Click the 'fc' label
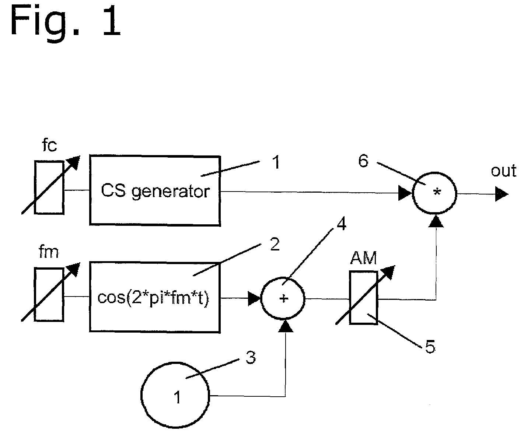click(x=49, y=145)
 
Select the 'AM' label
click(x=363, y=258)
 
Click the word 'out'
click(x=504, y=171)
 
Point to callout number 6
click(x=363, y=161)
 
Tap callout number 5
click(x=430, y=347)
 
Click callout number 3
click(x=251, y=357)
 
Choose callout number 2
click(x=275, y=244)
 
